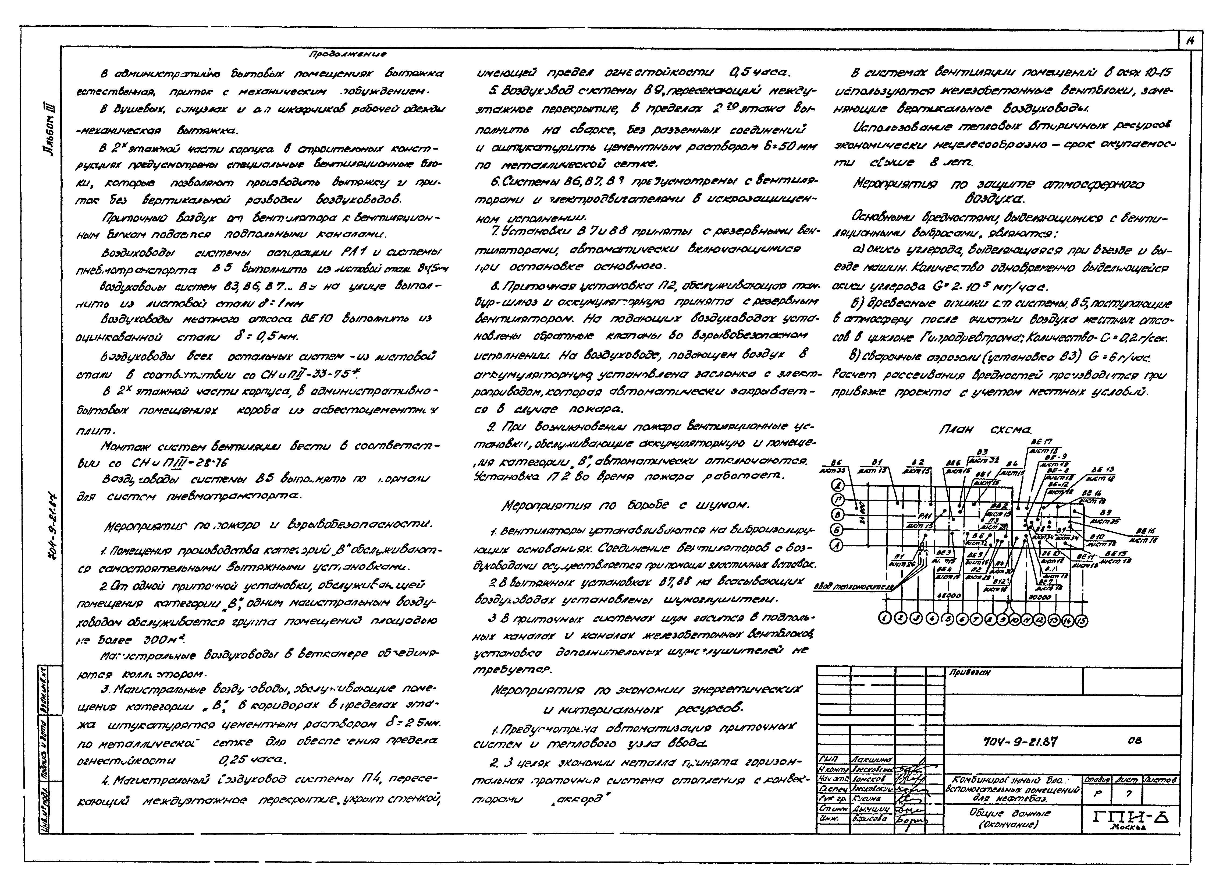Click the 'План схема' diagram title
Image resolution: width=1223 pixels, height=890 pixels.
point(985,430)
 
